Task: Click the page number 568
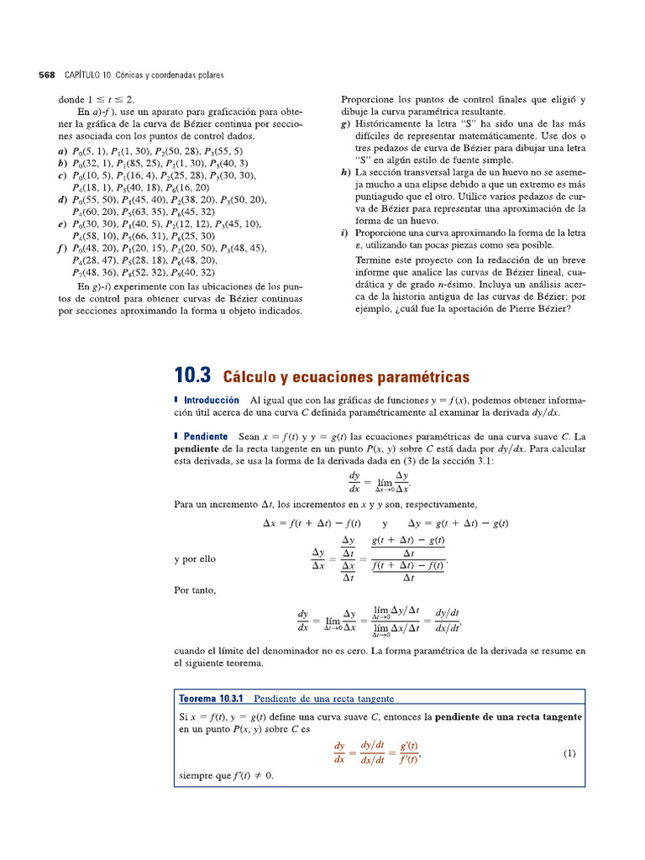coord(47,76)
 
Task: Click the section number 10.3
coord(192,376)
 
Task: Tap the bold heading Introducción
coord(211,401)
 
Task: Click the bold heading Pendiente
coord(205,437)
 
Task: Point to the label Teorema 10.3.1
coord(211,699)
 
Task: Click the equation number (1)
coord(569,754)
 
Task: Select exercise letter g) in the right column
coord(346,123)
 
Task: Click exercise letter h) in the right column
coord(346,172)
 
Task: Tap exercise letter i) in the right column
coord(345,233)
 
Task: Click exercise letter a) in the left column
coord(63,151)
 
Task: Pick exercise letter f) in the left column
coord(63,249)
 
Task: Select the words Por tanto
coord(195,590)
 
